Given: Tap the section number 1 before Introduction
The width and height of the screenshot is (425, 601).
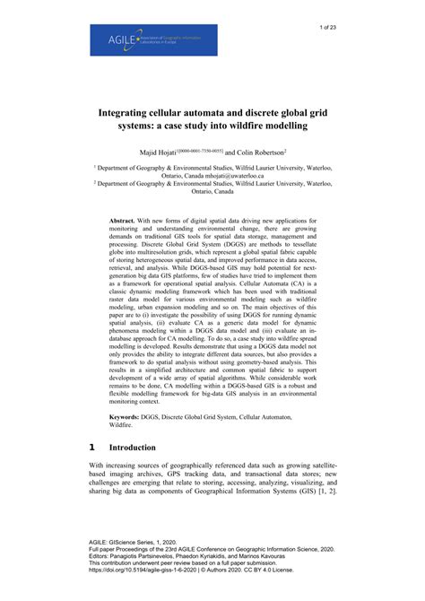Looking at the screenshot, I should coord(92,446).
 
